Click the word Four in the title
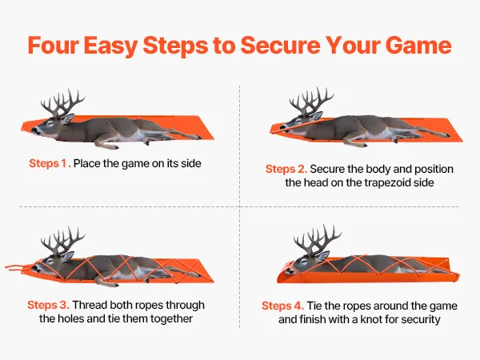click(x=53, y=46)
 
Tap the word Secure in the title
click(x=280, y=46)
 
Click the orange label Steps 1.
click(x=50, y=163)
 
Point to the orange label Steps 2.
click(x=286, y=169)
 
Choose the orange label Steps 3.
click(x=48, y=305)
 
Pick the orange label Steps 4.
click(x=283, y=306)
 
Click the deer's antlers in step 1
click(x=62, y=103)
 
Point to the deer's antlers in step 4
click(x=317, y=239)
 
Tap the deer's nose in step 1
click(x=34, y=130)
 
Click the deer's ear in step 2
click(x=317, y=116)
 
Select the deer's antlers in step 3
click(x=62, y=241)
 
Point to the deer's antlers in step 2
click(x=311, y=101)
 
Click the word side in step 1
click(x=191, y=163)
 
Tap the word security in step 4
click(x=421, y=319)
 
